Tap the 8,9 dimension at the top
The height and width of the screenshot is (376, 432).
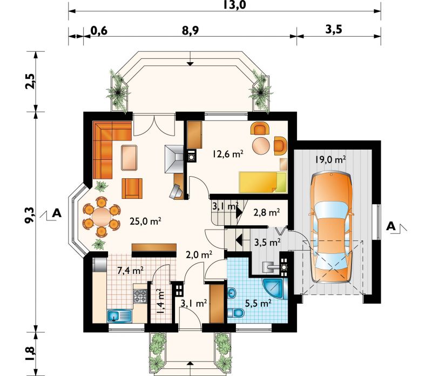coord(190,30)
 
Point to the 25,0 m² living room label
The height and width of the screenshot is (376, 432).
coord(145,221)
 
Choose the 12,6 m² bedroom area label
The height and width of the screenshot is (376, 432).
coord(227,153)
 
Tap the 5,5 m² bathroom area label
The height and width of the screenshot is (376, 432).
coord(258,304)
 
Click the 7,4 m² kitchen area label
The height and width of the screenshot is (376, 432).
coord(130,271)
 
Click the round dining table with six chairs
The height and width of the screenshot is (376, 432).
coord(102,217)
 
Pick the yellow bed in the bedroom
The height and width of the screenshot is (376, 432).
coord(263,182)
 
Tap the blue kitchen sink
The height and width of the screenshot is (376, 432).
coord(119,316)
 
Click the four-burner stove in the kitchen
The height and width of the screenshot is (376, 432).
coord(140,296)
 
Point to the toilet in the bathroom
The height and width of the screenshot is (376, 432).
coord(236,313)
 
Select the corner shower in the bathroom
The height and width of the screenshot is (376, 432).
coord(274,288)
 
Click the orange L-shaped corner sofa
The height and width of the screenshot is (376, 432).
coord(110,146)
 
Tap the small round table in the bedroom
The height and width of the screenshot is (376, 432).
coord(261,146)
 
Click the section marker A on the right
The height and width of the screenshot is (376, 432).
coord(391,226)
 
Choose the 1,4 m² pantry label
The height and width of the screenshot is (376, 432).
coord(159,302)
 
